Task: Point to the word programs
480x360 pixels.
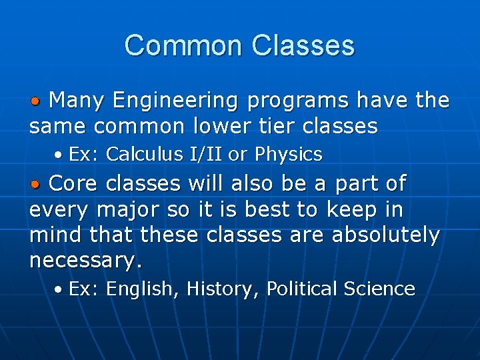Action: tap(299, 101)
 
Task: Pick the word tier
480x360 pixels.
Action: tap(297, 125)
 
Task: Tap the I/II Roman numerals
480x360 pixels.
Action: tap(206, 155)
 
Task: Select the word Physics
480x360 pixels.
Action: tap(288, 155)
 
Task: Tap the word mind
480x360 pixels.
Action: tap(55, 235)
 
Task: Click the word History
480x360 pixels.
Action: tap(223, 289)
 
